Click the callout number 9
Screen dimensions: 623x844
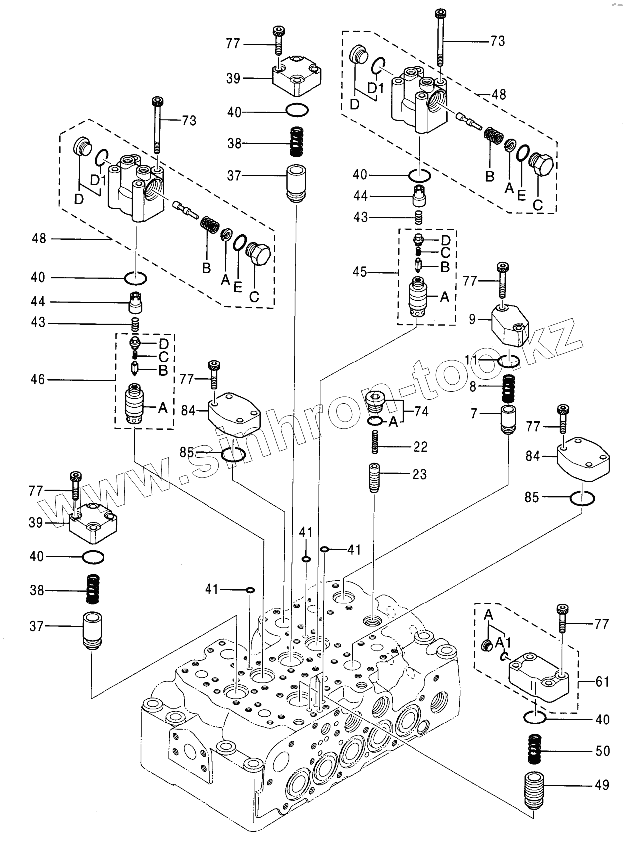coord(472,319)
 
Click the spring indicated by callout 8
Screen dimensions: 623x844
coord(508,388)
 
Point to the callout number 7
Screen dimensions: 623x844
coord(474,413)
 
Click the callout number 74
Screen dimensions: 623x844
coord(421,411)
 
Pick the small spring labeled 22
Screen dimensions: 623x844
coord(375,441)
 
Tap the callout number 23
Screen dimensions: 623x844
coord(419,474)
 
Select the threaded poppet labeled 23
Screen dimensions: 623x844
coord(375,478)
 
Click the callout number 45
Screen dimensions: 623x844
coord(360,272)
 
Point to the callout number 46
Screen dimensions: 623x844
coord(38,379)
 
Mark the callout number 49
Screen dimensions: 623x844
coord(601,785)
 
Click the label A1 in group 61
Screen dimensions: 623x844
coord(503,643)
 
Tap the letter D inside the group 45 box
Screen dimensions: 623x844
coord(445,240)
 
